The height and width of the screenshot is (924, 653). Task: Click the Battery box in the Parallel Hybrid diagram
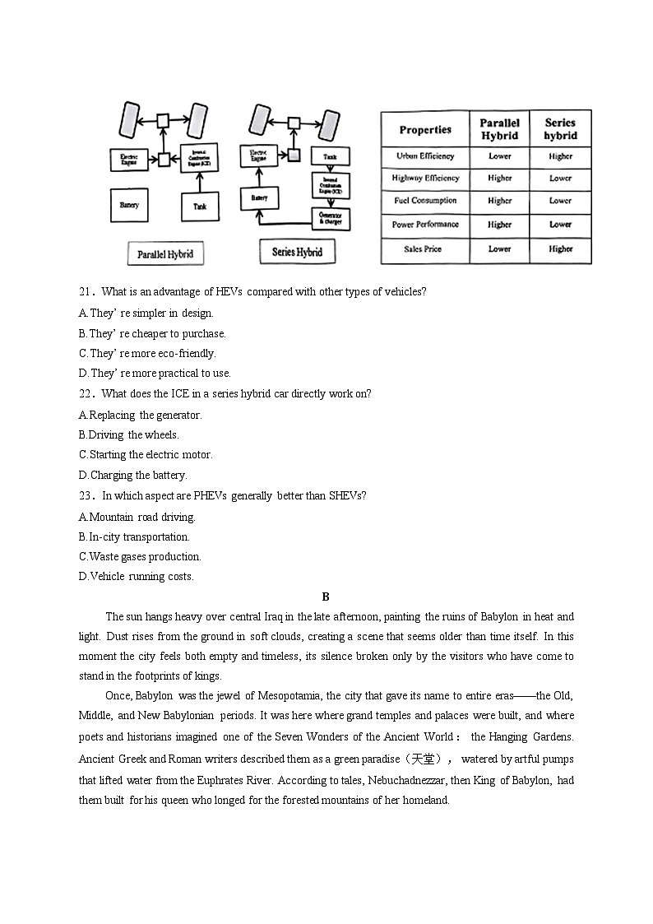(x=129, y=205)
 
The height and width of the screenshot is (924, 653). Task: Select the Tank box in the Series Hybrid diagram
(x=330, y=156)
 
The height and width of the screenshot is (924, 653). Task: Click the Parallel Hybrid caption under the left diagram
(x=165, y=253)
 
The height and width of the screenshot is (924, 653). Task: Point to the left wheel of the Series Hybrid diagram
(x=260, y=123)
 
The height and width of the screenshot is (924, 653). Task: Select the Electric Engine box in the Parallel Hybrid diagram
(x=129, y=159)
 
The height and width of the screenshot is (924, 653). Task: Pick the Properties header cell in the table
(x=425, y=130)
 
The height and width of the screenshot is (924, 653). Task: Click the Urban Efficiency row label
(x=425, y=156)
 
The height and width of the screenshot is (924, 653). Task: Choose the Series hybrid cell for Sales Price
(x=560, y=249)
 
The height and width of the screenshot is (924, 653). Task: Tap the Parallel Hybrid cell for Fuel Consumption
(x=499, y=201)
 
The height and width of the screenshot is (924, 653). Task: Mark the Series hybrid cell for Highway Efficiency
(x=560, y=179)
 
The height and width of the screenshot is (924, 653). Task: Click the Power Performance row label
(x=425, y=225)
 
